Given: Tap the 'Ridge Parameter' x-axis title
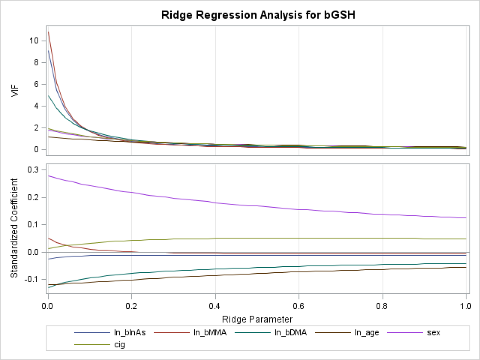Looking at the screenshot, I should [x=257, y=319].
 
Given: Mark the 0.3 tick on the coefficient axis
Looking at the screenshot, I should [x=35, y=170].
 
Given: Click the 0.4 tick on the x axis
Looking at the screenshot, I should [x=215, y=305].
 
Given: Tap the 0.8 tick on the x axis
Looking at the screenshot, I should [x=382, y=305].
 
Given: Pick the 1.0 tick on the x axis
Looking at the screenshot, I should [x=466, y=305].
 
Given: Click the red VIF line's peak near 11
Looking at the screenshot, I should [x=48, y=32].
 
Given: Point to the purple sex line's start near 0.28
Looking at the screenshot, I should [x=48, y=175].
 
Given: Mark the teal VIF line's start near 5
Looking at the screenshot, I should [x=48, y=96].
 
